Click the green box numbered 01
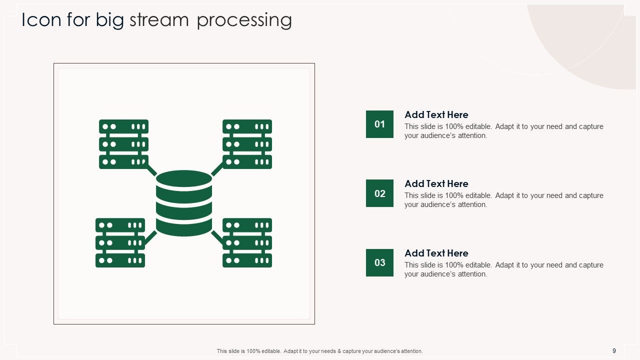click(x=379, y=124)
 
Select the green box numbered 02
click(x=379, y=193)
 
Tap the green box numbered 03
click(x=379, y=262)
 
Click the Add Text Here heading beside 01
click(x=436, y=114)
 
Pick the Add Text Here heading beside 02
click(x=436, y=183)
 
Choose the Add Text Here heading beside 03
click(x=436, y=253)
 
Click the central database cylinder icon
click(x=184, y=203)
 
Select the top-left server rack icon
click(x=123, y=144)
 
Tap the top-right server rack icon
click(x=247, y=144)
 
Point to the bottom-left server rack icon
click(x=120, y=242)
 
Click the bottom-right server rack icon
click(x=247, y=242)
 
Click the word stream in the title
click(x=159, y=20)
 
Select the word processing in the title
click(x=244, y=21)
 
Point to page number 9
click(x=614, y=351)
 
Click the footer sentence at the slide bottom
click(x=319, y=351)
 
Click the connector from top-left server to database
click(x=151, y=170)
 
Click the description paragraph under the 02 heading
click(x=503, y=200)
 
